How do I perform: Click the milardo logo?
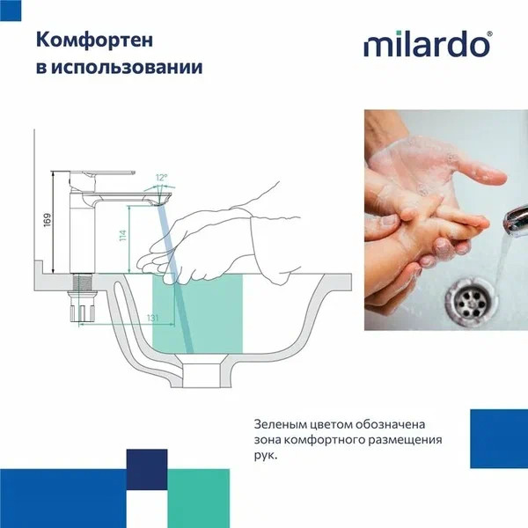point(428,44)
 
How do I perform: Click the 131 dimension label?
point(128,318)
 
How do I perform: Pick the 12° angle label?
point(160,177)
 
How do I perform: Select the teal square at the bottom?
point(199,497)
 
